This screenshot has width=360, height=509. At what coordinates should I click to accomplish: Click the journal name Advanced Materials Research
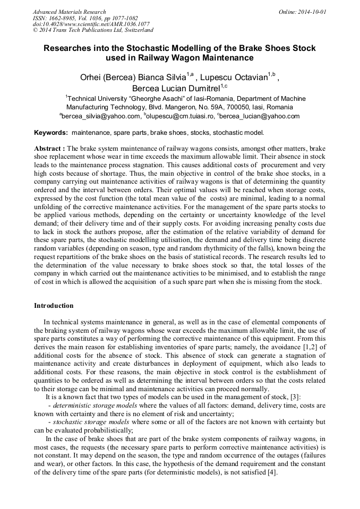[x=69, y=12]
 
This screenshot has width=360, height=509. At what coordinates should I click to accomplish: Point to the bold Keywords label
[x=51, y=133]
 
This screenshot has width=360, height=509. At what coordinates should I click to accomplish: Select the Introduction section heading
[x=54, y=306]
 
